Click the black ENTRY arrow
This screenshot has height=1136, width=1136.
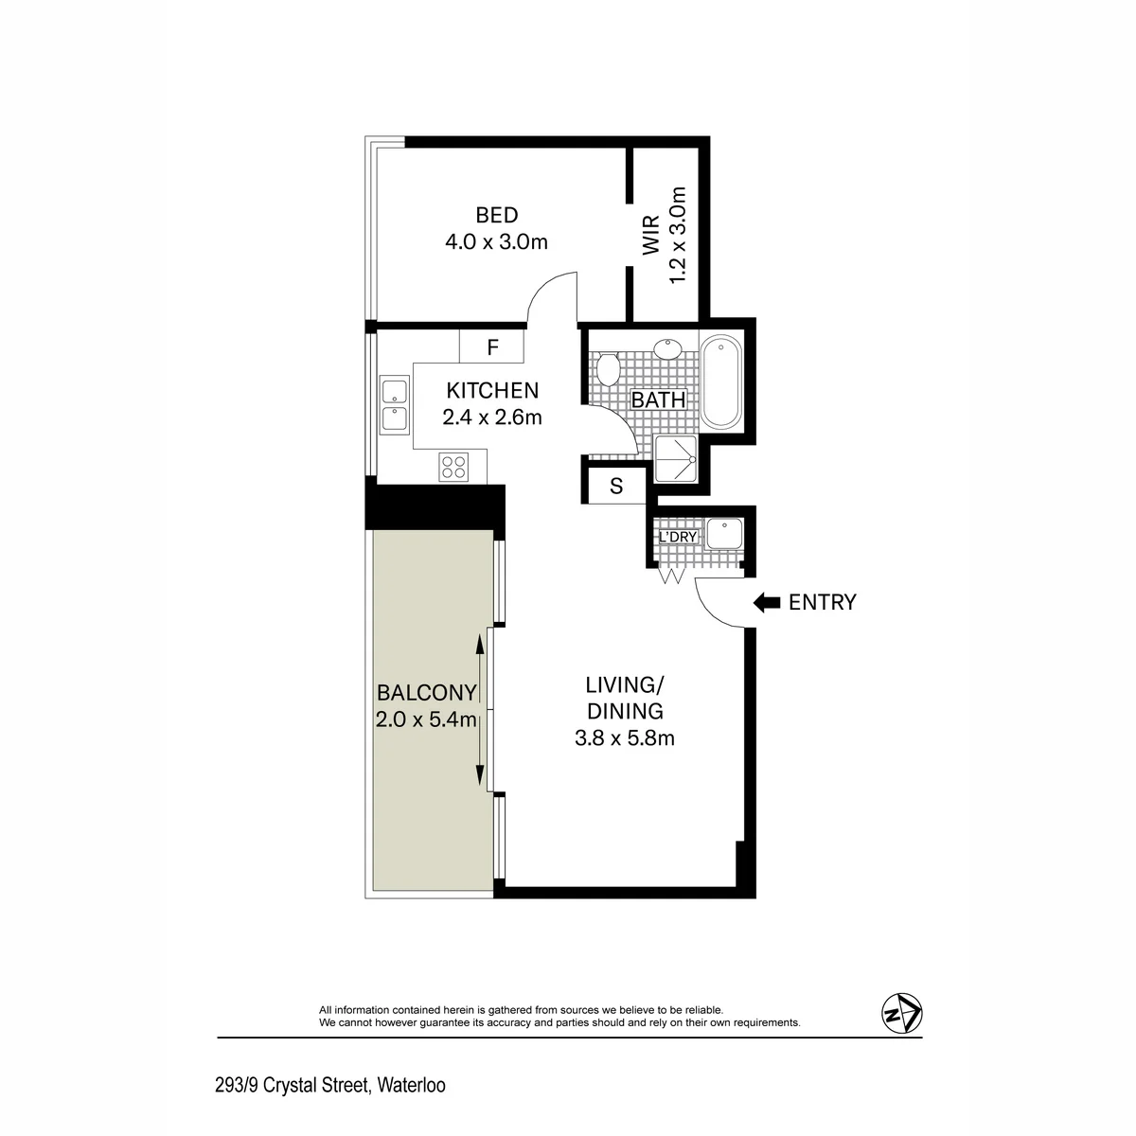coord(767,602)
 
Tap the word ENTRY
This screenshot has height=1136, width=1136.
coord(823,602)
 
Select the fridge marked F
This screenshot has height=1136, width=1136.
coord(491,346)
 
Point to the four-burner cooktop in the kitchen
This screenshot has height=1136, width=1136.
coord(454,467)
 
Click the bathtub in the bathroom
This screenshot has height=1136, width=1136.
coord(722,381)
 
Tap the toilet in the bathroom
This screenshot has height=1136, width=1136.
coord(607,369)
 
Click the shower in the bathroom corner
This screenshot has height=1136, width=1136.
coord(676,459)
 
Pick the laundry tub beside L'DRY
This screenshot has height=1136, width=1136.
coord(724,534)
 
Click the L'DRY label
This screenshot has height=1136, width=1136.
coord(678,537)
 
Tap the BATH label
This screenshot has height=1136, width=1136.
coord(659,399)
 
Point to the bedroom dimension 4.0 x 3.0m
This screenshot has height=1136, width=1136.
coord(496,241)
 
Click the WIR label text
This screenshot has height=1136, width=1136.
coord(651,235)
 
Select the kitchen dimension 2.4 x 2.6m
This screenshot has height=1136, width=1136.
coord(492,417)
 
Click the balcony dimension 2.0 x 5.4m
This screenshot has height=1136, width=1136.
coord(426,719)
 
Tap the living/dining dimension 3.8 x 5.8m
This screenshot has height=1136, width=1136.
coord(625,737)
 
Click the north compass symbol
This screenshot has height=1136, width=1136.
coord(902,1013)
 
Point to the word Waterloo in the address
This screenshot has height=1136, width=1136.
coord(412,1085)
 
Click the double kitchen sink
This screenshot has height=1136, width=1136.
coord(395,404)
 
